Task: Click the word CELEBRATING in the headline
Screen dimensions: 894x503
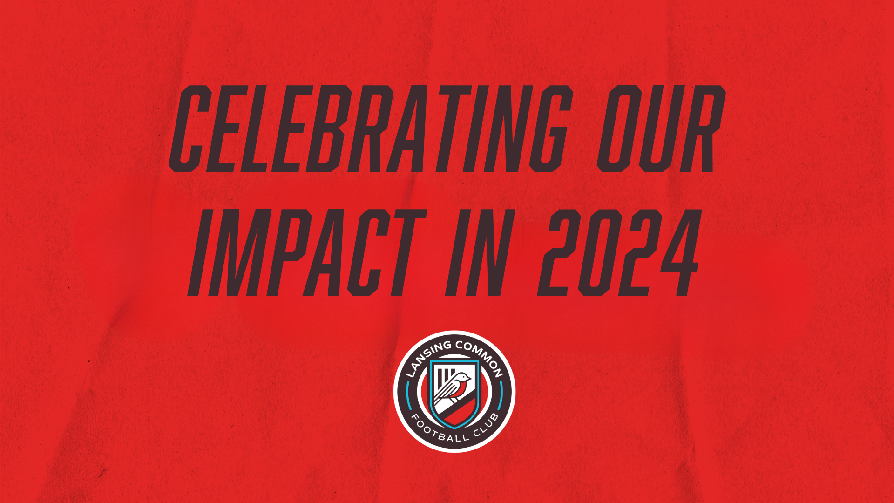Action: (x=371, y=129)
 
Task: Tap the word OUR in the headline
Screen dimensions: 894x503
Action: (x=662, y=129)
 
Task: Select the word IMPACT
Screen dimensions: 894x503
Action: (x=307, y=252)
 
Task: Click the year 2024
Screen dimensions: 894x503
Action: (x=618, y=252)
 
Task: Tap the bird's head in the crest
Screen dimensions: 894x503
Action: (x=463, y=378)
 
